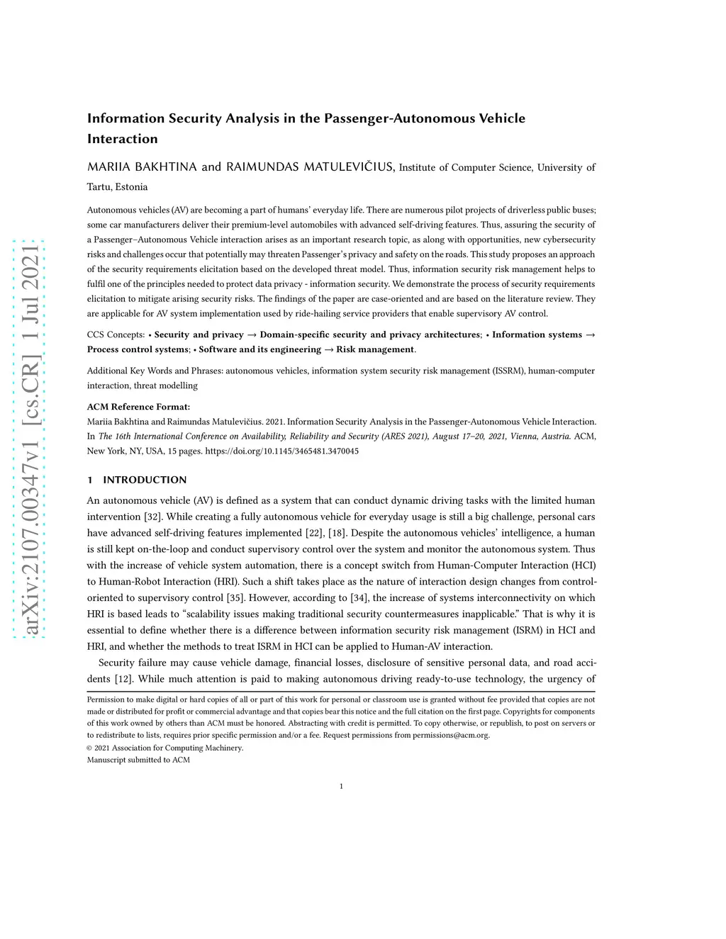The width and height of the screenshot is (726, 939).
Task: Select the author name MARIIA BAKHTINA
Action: click(142, 167)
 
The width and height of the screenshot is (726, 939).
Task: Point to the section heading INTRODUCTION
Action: click(145, 480)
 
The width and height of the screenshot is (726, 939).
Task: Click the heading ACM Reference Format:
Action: click(138, 407)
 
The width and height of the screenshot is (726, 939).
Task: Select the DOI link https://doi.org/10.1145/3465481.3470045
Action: click(281, 451)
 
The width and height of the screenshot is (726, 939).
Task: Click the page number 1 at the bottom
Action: click(341, 786)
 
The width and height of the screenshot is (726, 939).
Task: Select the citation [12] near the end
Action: click(123, 679)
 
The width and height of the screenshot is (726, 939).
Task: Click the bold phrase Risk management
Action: click(375, 349)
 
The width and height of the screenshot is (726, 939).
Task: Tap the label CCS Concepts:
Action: click(116, 334)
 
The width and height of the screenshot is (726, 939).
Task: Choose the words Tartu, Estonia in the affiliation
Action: click(117, 187)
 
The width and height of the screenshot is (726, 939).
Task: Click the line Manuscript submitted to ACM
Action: click(138, 760)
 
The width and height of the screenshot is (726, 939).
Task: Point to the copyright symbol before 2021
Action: click(89, 748)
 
